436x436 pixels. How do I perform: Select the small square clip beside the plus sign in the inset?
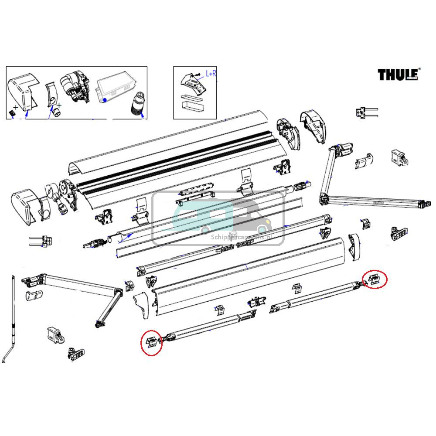pyautogui.click(x=12, y=113)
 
